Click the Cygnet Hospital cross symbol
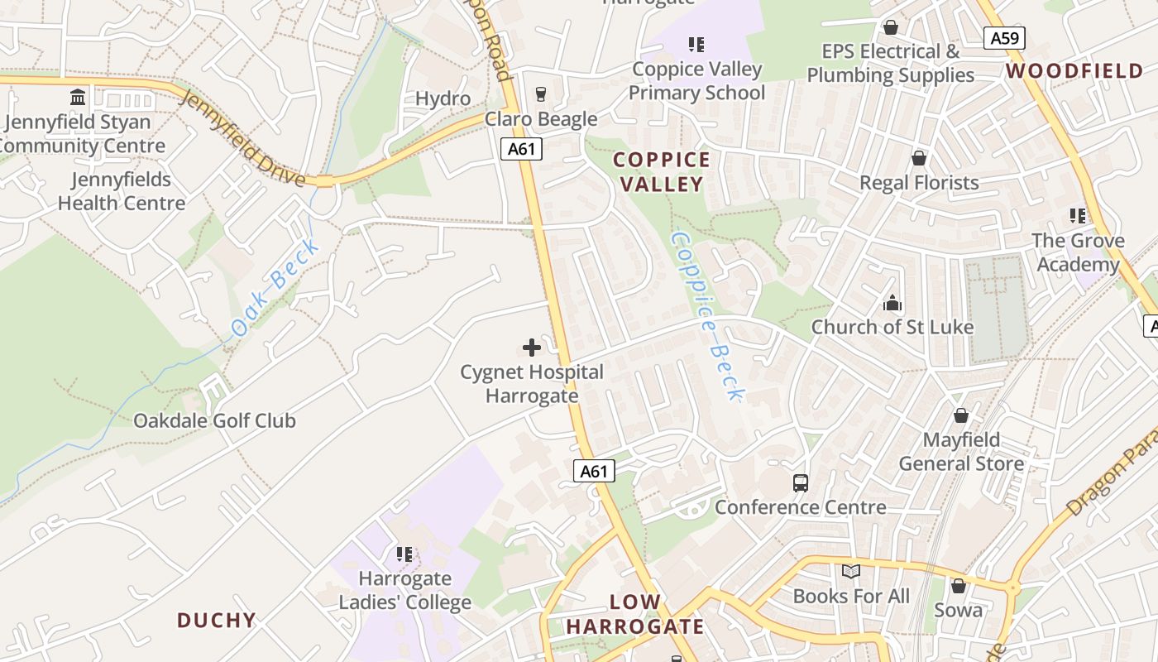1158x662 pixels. pyautogui.click(x=532, y=348)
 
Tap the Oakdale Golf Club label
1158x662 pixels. pyautogui.click(x=214, y=420)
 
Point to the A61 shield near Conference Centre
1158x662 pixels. pyautogui.click(x=594, y=472)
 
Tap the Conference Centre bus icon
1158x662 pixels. pyautogui.click(x=800, y=482)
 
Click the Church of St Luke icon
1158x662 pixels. pyautogui.click(x=892, y=303)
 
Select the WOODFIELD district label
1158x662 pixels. pyautogui.click(x=1074, y=71)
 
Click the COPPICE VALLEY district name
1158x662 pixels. pyautogui.click(x=662, y=171)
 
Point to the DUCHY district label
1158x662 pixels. pyautogui.click(x=217, y=620)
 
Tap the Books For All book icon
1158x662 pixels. pyautogui.click(x=851, y=571)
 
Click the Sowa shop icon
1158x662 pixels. pyautogui.click(x=958, y=586)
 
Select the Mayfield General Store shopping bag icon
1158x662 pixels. pyautogui.click(x=961, y=415)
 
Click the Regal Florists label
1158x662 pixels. pyautogui.click(x=919, y=183)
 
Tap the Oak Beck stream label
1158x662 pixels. pyautogui.click(x=275, y=287)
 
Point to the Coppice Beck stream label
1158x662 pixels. pyautogui.click(x=707, y=316)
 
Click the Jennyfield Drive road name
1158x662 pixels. pyautogui.click(x=242, y=138)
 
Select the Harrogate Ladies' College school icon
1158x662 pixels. pyautogui.click(x=404, y=554)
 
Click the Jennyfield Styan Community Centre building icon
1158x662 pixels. pyautogui.click(x=78, y=98)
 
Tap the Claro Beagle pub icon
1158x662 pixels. pyautogui.click(x=541, y=94)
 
